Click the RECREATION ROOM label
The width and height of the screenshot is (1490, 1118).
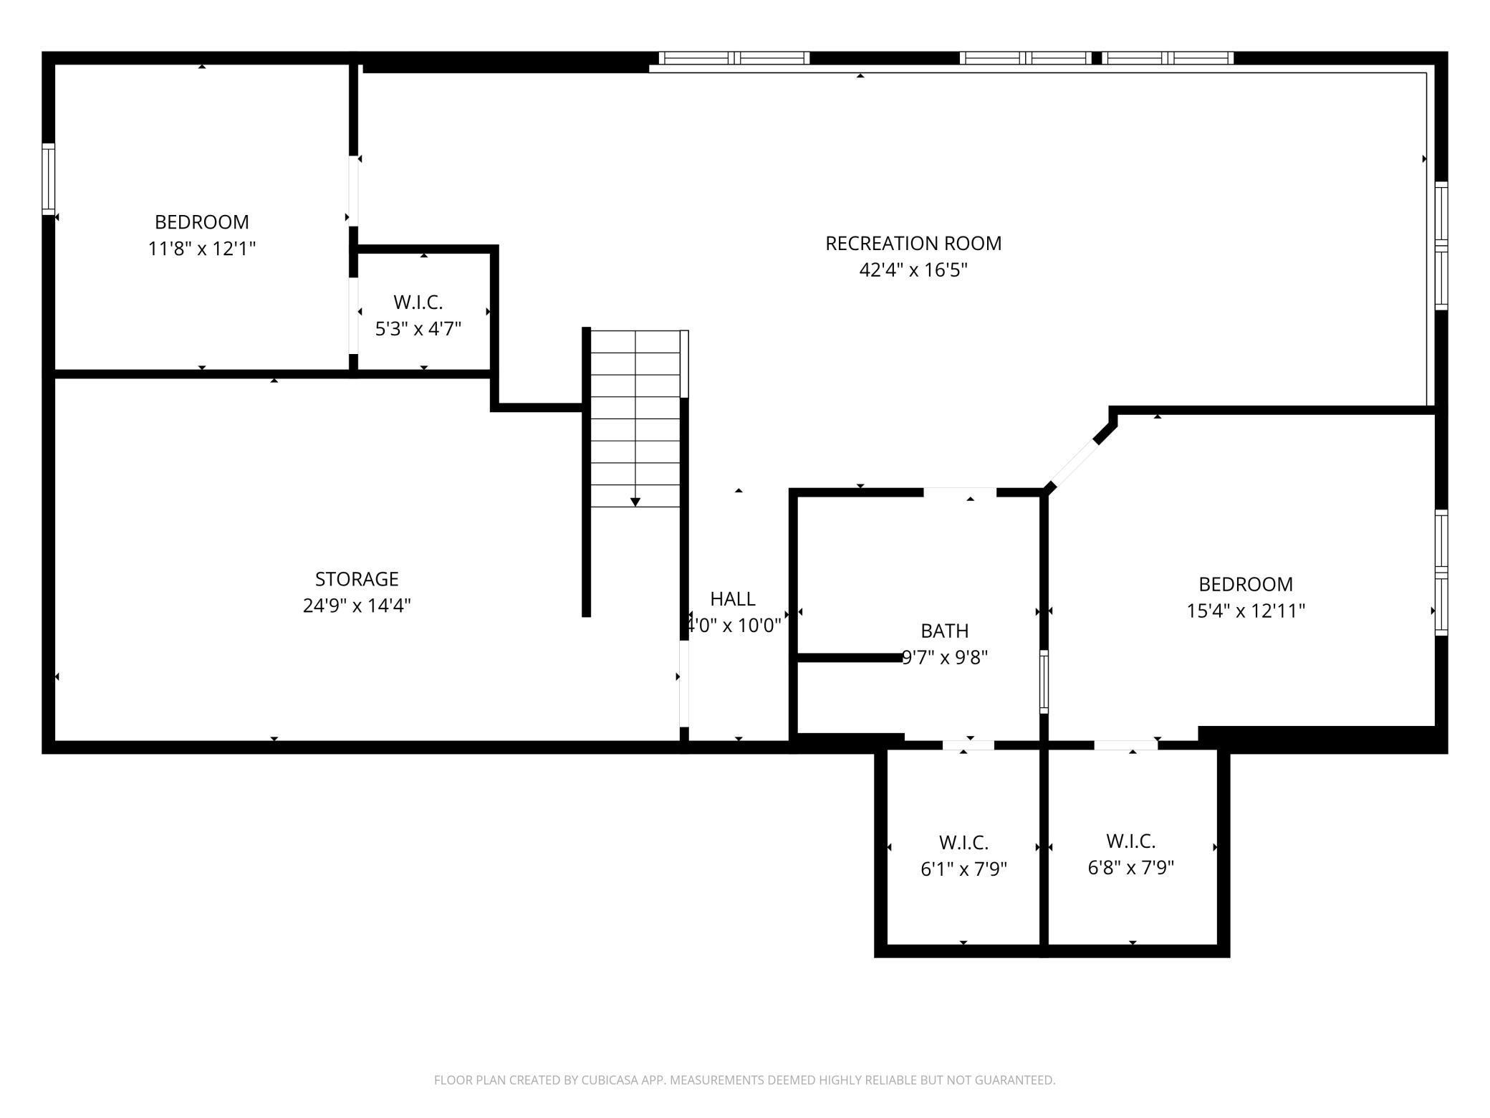click(x=913, y=244)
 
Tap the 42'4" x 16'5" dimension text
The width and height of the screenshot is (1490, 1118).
click(x=913, y=270)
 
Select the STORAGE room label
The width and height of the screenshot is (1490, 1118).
click(x=357, y=578)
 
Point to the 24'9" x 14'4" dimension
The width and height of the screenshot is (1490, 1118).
click(x=357, y=606)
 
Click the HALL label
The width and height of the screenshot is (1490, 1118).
click(x=733, y=598)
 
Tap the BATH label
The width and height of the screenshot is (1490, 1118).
click(x=945, y=631)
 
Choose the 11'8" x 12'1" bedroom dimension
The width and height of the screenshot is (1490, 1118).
click(x=202, y=249)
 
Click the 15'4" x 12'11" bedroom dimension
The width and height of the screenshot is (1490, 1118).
click(x=1246, y=611)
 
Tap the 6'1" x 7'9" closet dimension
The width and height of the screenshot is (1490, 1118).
click(x=964, y=869)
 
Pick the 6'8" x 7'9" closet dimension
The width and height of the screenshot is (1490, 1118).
click(x=1131, y=868)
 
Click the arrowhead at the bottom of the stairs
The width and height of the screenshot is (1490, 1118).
click(x=635, y=502)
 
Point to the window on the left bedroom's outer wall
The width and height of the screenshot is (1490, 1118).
click(x=48, y=178)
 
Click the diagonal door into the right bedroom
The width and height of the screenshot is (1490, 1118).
click(x=1072, y=464)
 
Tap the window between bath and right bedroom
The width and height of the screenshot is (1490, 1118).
click(x=1044, y=682)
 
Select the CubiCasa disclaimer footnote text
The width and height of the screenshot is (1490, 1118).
click(x=745, y=1080)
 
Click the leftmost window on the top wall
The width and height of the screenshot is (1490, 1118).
click(x=734, y=58)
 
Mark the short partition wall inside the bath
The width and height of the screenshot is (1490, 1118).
click(x=850, y=657)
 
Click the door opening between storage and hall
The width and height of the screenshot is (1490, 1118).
click(x=684, y=683)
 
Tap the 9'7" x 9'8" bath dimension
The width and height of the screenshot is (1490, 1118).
click(x=945, y=657)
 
